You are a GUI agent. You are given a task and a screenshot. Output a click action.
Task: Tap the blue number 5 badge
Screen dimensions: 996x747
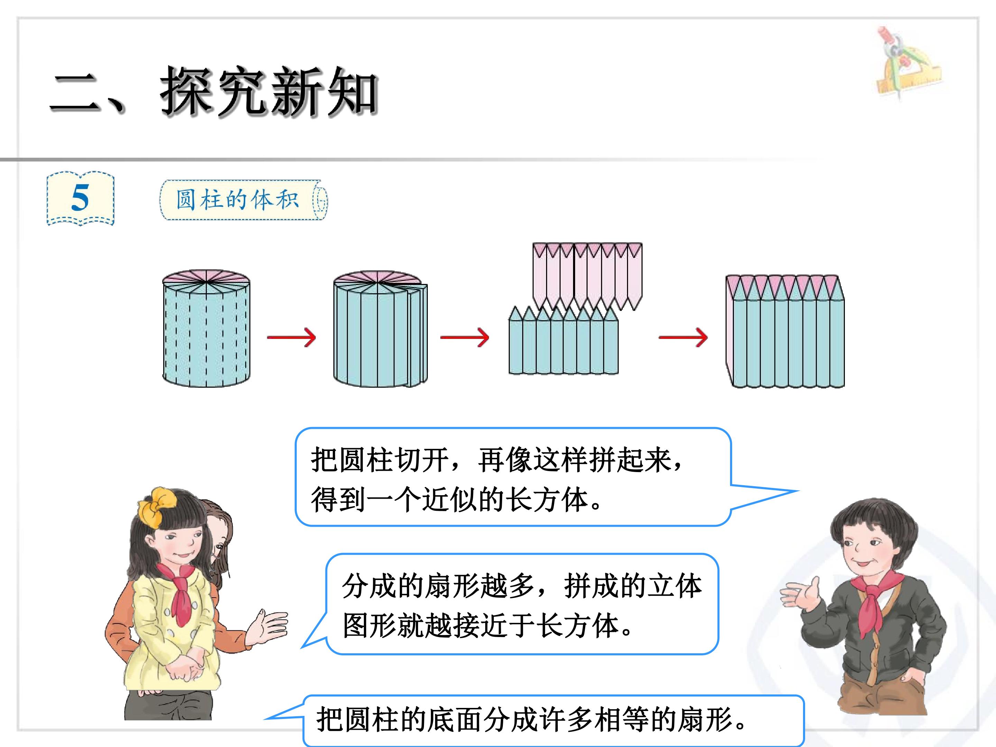pyautogui.click(x=81, y=198)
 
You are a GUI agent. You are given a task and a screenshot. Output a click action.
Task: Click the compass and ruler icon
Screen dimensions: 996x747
pyautogui.click(x=909, y=63)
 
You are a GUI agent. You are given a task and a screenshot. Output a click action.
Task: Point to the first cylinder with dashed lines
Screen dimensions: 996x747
pyautogui.click(x=206, y=328)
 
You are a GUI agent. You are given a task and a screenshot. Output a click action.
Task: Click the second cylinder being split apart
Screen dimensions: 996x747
pyautogui.click(x=380, y=329)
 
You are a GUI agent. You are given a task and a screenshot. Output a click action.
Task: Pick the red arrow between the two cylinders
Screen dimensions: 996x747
pyautogui.click(x=291, y=337)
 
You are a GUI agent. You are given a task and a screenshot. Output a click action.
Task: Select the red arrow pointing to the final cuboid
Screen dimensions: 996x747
pyautogui.click(x=683, y=337)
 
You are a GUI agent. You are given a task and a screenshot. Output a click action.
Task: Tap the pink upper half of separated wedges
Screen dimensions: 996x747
pyautogui.click(x=587, y=276)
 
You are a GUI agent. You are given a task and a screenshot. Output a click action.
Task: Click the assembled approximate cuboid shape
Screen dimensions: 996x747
pyautogui.click(x=785, y=331)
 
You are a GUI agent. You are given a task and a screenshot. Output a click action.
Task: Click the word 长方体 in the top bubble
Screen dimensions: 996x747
pyautogui.click(x=547, y=499)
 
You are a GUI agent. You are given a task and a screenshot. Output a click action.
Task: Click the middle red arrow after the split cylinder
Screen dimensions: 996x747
pyautogui.click(x=465, y=337)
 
